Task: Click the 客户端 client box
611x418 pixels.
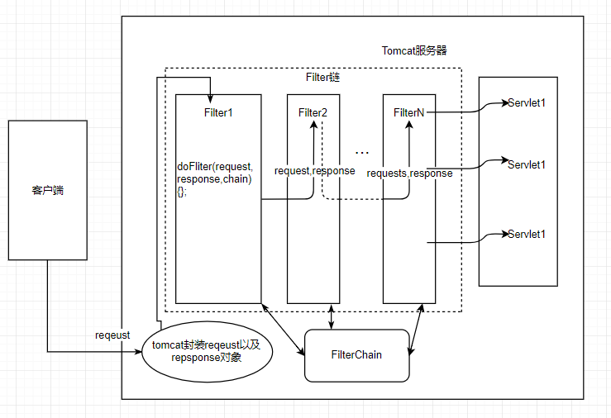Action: coord(47,190)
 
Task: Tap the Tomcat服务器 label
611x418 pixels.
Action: coord(414,51)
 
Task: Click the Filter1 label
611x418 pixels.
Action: coord(218,112)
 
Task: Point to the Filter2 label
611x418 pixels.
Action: coord(313,112)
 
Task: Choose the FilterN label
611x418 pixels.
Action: coord(409,112)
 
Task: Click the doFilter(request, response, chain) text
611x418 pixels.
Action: coord(214,178)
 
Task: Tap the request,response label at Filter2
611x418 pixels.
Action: coord(314,171)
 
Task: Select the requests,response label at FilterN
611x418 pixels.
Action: coord(409,173)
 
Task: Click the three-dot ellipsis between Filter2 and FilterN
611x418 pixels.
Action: coord(362,153)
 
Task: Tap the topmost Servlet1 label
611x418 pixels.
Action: coord(527,103)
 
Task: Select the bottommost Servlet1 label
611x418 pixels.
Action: coord(527,234)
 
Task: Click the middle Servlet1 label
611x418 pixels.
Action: coord(527,164)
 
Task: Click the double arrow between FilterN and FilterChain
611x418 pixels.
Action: coord(418,330)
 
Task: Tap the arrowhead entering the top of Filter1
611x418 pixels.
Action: coord(211,91)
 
